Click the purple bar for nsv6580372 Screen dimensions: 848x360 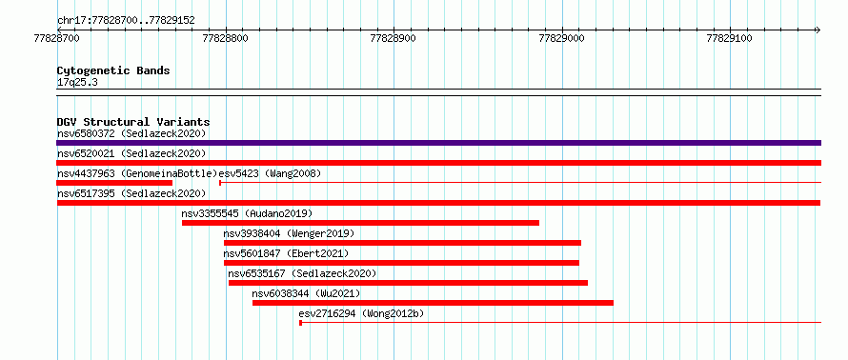(438, 143)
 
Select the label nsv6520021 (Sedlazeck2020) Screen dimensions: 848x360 (131, 153)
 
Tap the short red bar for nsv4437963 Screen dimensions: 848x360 (114, 183)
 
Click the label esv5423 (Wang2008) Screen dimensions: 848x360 (270, 173)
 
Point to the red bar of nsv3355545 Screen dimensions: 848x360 (361, 223)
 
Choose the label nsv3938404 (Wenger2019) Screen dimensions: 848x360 (289, 233)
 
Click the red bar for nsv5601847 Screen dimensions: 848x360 (401, 263)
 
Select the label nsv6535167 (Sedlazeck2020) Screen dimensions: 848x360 (302, 273)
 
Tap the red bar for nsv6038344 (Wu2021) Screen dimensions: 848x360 (433, 303)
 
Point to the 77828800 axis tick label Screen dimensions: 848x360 (226, 38)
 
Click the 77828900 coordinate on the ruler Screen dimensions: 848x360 (394, 38)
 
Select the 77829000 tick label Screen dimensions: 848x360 (562, 38)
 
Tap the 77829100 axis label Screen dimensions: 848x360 (730, 38)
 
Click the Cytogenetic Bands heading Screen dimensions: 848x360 (113, 70)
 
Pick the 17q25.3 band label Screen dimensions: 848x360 (77, 83)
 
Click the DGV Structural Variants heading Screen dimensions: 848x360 (133, 122)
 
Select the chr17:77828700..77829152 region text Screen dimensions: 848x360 (126, 21)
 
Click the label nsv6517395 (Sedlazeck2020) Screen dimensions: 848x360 (131, 193)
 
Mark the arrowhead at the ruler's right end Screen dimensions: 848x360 (818, 30)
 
